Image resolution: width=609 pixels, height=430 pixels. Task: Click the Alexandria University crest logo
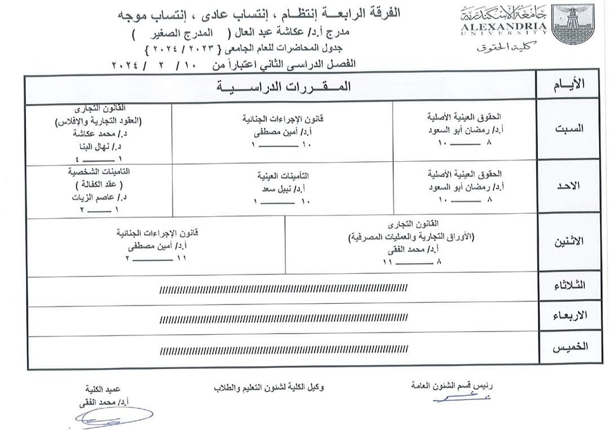[573, 25]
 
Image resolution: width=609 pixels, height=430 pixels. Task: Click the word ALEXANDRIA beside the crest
[508, 27]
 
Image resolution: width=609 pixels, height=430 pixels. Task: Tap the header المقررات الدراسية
[281, 87]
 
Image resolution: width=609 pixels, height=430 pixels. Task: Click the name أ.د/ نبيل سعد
[282, 189]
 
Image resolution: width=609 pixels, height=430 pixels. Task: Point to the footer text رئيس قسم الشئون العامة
[452, 385]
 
